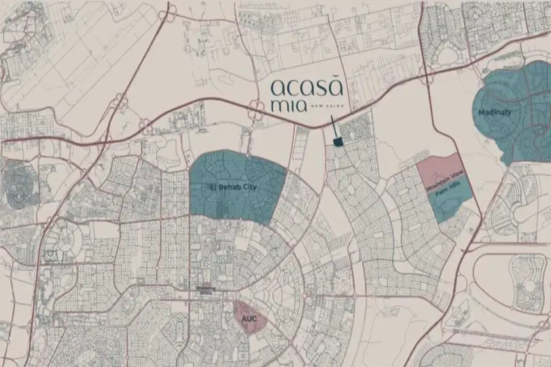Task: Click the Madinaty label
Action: click(x=495, y=112)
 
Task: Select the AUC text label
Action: click(x=249, y=319)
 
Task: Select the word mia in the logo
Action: click(x=287, y=107)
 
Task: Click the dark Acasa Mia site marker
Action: click(x=338, y=142)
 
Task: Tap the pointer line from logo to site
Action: click(x=334, y=127)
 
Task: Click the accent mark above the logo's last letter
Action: click(x=336, y=79)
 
